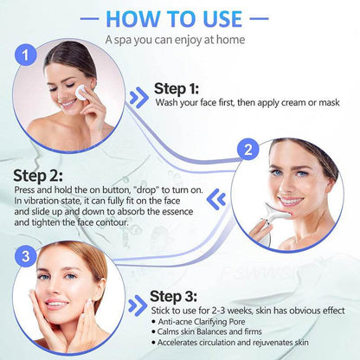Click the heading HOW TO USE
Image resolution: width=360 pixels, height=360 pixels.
(x=179, y=17)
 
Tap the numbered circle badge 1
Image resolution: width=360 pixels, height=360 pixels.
(x=28, y=56)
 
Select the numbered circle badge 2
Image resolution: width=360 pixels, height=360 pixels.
(x=249, y=150)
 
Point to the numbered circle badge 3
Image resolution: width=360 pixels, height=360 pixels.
(x=27, y=255)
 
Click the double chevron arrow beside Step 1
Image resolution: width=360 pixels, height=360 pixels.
(x=138, y=96)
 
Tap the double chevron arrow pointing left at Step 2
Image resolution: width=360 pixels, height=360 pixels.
(x=220, y=200)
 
